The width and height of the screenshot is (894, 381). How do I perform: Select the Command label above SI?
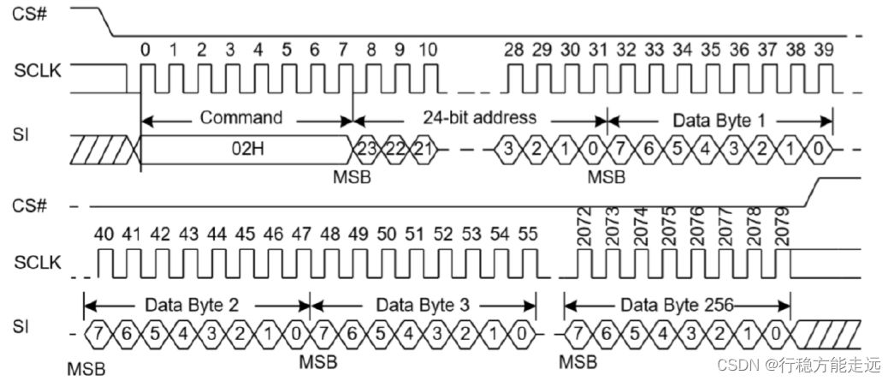point(240,117)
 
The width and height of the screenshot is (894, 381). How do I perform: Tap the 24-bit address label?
point(479,117)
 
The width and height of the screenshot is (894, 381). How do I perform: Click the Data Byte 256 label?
point(675,304)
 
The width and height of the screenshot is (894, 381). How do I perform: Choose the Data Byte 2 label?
point(196,304)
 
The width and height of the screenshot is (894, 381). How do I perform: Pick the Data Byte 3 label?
point(423,304)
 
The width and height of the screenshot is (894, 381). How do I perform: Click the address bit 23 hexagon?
point(367,150)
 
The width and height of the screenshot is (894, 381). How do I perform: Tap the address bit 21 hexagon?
point(423,150)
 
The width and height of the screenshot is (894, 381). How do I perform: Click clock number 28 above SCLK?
point(513,51)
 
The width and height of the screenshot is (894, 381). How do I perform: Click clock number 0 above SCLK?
point(145,51)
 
